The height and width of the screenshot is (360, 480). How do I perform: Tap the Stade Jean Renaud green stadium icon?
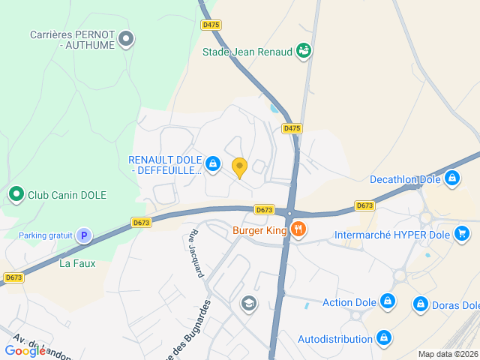304,51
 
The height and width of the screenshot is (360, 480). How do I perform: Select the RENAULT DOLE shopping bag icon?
213,163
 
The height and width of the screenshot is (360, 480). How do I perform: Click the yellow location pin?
240,167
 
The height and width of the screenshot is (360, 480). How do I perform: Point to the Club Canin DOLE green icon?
16,195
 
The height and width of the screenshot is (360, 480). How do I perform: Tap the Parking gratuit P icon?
84,235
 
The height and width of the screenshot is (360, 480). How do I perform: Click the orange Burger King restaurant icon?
298,229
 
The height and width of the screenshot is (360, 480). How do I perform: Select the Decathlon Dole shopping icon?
451,178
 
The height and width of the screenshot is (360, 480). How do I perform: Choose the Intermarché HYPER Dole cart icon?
462,234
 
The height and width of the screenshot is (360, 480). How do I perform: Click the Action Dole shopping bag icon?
387,301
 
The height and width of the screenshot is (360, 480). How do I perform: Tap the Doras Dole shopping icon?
421,304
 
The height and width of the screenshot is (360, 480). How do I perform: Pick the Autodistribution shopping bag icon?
384,338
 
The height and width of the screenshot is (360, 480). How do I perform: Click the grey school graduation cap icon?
248,303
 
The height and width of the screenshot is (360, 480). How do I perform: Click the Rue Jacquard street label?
195,253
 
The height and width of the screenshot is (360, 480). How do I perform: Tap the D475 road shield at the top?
211,25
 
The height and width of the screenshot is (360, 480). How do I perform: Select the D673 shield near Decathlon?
364,205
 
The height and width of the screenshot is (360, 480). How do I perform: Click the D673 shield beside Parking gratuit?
141,222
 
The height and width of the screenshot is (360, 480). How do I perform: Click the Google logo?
25,350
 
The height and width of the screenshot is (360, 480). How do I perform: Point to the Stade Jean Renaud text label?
247,52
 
